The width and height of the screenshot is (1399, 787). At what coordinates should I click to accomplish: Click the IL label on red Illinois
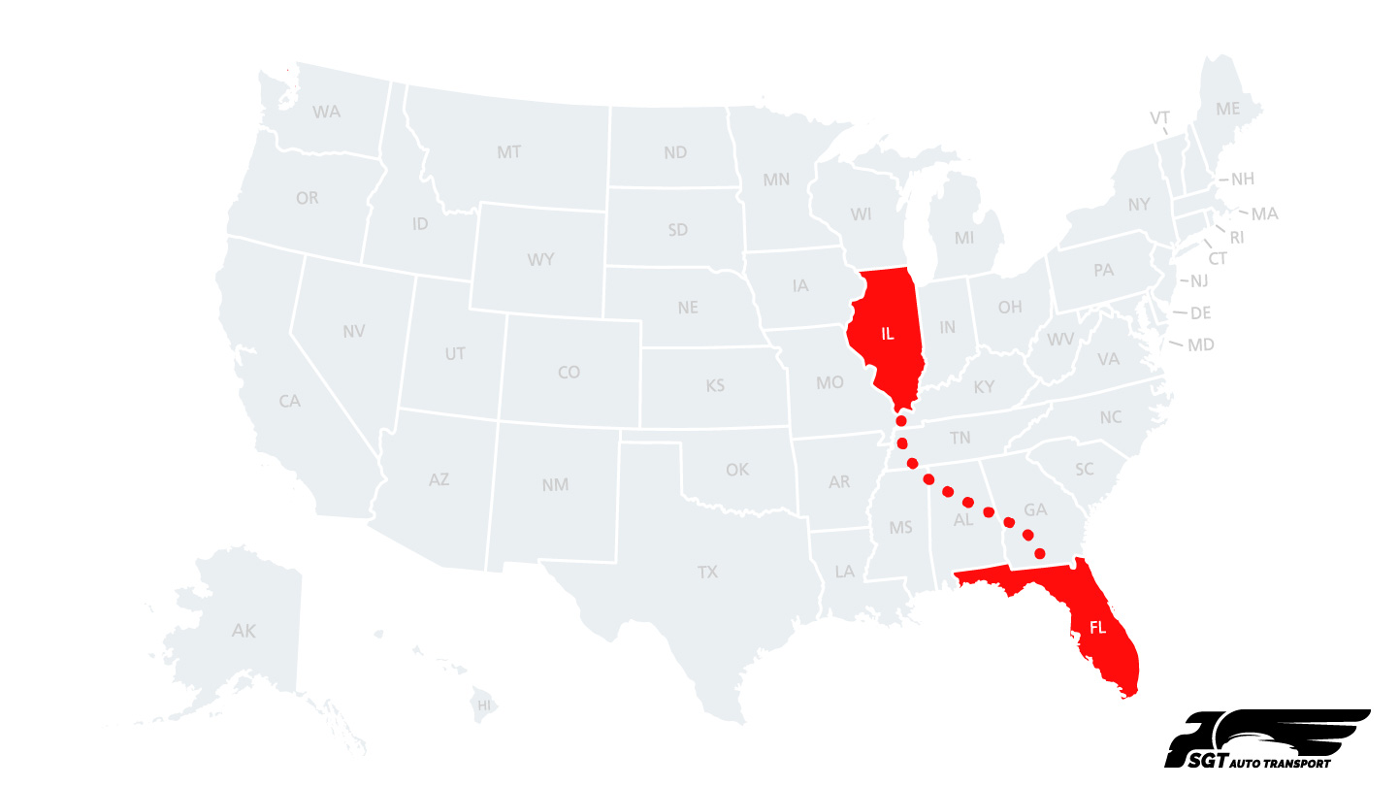coord(887,334)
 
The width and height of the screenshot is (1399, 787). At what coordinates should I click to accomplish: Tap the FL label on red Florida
coord(1097,628)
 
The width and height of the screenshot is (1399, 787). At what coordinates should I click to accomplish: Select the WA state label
coord(327,112)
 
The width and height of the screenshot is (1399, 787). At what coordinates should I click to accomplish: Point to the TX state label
coord(707,573)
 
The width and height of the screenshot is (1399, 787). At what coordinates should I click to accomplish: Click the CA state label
coord(289,400)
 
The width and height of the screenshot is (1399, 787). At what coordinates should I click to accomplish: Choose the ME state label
coord(1228,109)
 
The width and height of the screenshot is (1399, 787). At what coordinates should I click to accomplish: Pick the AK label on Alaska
coord(244,631)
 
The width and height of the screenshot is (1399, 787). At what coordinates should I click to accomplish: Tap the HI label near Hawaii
coord(483,705)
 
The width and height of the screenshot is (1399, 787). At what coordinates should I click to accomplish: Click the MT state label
coord(508,152)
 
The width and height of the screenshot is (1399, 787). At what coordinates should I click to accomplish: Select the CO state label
coord(569,372)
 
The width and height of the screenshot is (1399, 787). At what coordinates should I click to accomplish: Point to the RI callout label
coord(1236,237)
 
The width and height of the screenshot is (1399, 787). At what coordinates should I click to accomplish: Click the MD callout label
coord(1201,344)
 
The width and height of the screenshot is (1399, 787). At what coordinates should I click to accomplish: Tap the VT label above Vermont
coord(1159,118)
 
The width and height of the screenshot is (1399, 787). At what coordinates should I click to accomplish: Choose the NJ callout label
coord(1199,281)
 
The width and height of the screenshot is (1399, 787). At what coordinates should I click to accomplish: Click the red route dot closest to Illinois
coord(900,421)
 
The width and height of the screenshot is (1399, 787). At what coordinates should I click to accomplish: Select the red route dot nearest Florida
coord(1039,553)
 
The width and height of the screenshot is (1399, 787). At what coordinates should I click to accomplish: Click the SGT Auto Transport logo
coord(1266,739)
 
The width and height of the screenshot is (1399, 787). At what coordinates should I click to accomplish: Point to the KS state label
coord(715,386)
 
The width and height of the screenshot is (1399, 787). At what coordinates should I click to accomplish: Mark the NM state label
coord(555,484)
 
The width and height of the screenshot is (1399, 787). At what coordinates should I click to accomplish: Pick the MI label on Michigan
coord(963,238)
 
